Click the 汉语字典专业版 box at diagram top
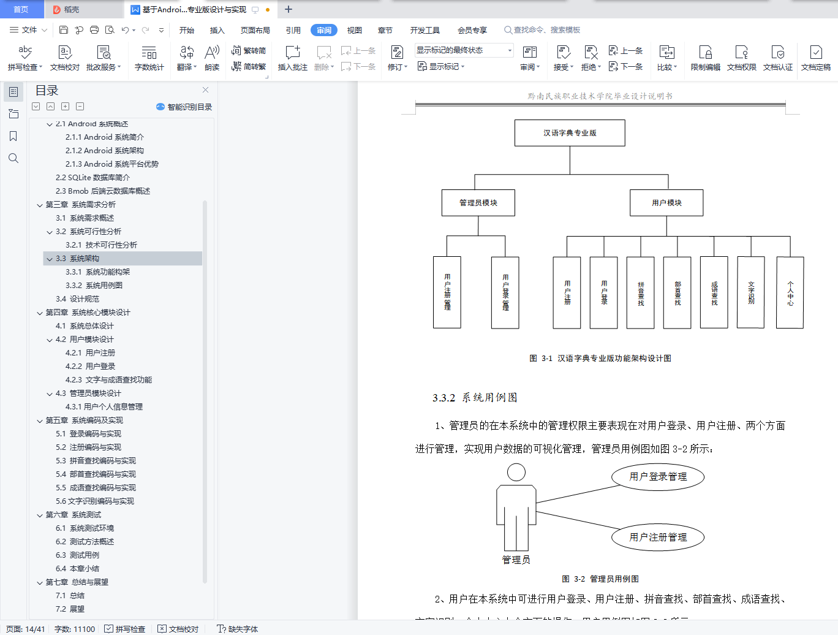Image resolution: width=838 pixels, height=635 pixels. (570, 133)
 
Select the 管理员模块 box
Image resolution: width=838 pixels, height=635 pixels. (478, 203)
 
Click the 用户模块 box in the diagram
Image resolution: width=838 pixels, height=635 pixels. (666, 203)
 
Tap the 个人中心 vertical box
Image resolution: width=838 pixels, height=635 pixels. (790, 293)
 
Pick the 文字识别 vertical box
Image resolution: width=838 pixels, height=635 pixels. (750, 293)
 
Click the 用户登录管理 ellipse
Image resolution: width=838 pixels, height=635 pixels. (658, 477)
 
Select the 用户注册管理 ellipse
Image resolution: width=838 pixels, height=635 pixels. (658, 538)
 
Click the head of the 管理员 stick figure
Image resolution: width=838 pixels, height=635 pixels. (516, 472)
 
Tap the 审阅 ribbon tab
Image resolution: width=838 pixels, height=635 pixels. (323, 30)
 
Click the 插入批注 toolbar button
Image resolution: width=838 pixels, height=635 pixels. (293, 58)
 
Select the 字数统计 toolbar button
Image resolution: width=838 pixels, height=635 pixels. (149, 58)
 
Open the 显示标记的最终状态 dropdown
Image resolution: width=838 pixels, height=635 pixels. (464, 50)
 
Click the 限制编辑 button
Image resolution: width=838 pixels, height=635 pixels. (705, 58)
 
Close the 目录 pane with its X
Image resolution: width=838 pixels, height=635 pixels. (205, 90)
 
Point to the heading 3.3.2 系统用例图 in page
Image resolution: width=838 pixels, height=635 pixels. (475, 398)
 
